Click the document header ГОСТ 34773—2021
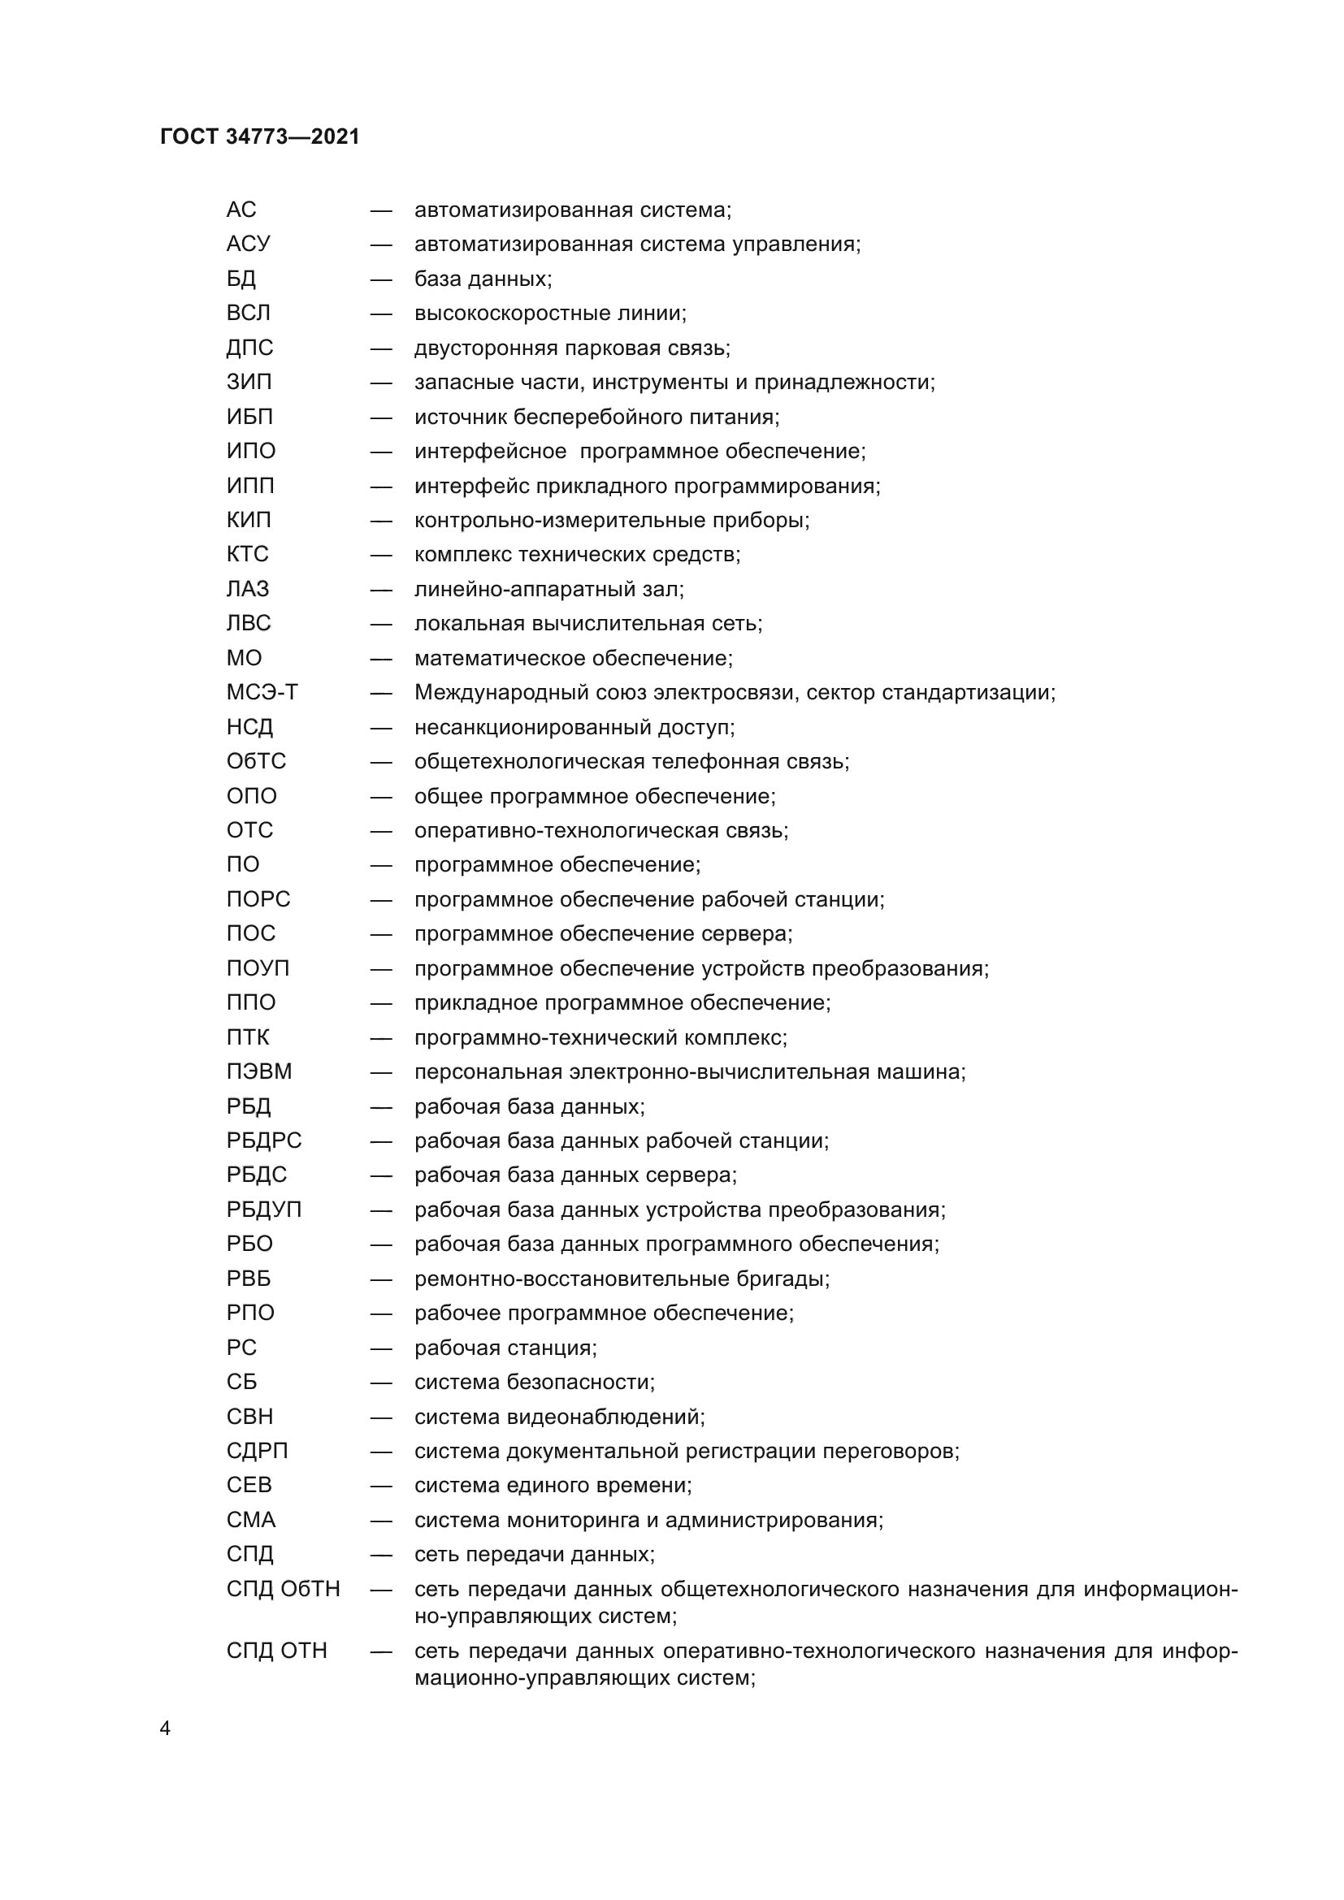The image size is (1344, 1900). click(260, 136)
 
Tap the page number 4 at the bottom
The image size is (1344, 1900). click(165, 1729)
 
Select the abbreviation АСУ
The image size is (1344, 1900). click(249, 245)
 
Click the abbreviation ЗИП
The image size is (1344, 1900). click(249, 383)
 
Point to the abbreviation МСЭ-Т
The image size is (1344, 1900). click(262, 692)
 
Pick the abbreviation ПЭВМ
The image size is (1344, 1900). click(259, 1071)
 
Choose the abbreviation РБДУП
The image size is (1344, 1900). click(264, 1210)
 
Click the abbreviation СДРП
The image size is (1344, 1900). click(258, 1451)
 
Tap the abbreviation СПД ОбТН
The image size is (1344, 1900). click(283, 1589)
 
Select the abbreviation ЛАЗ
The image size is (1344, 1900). click(248, 589)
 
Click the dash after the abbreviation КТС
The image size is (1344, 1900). click(380, 555)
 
